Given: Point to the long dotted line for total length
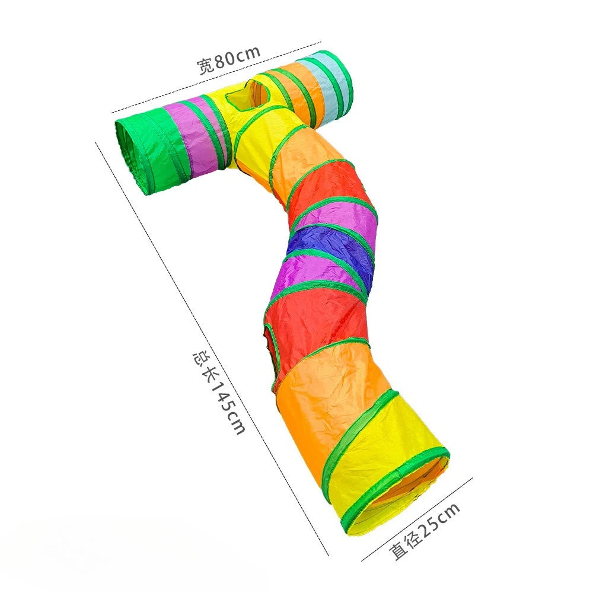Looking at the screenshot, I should point(213,350).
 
